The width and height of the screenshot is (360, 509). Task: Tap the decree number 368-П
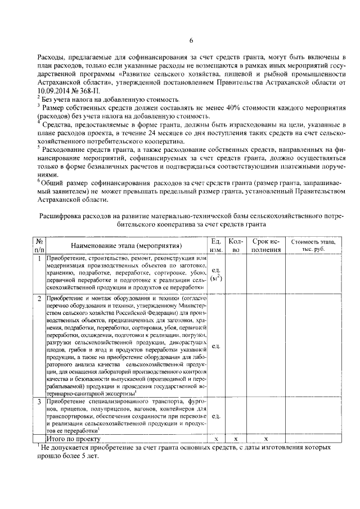coord(91,89)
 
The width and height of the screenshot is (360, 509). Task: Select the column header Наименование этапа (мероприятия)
coord(127,245)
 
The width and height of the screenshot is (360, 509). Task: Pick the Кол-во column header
coord(236,245)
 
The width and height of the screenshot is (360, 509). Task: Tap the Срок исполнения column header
coord(266,245)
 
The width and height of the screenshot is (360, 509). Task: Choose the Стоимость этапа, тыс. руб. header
coord(312,245)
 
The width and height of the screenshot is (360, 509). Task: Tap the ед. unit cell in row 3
coord(217,417)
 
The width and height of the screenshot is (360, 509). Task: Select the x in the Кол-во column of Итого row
coord(236,438)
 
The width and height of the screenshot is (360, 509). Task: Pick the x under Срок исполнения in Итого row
coord(266,438)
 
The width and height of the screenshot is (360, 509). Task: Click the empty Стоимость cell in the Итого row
coord(312,438)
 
